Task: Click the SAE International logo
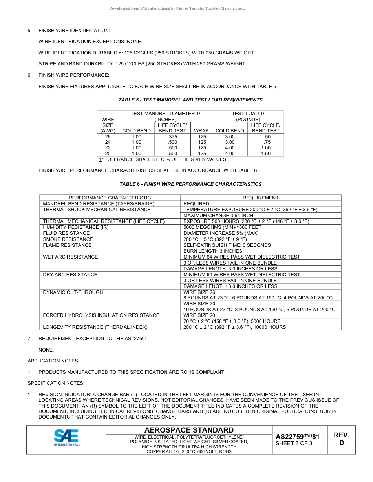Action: click(66, 438)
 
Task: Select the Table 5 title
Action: click(190, 100)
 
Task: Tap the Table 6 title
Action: click(190, 184)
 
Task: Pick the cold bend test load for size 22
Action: click(230, 148)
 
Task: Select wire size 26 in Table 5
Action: click(108, 137)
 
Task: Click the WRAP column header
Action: click(201, 131)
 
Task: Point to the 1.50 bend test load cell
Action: click(265, 154)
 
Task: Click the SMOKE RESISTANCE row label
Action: click(68, 239)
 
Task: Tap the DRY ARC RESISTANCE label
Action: click(70, 275)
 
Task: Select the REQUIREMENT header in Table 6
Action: click(260, 198)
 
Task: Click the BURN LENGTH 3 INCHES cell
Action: click(213, 251)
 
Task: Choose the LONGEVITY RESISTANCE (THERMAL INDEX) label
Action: click(95, 327)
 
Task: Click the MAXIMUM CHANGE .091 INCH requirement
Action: click(218, 216)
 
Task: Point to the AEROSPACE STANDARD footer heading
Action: click(189, 430)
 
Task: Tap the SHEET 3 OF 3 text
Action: click(294, 444)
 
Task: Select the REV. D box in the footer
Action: click(341, 439)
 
